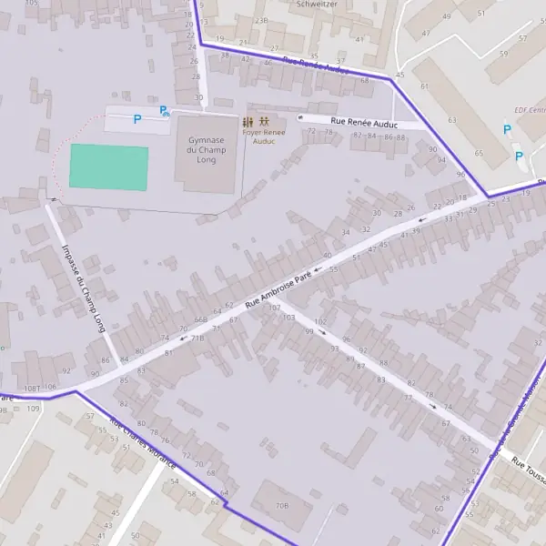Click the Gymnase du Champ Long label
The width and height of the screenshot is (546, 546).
tap(207, 149)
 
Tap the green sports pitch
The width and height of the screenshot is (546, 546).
tap(108, 167)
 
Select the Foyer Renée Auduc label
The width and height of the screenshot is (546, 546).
tap(264, 136)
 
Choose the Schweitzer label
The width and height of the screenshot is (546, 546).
tap(317, 5)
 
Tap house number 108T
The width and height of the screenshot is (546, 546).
tap(33, 388)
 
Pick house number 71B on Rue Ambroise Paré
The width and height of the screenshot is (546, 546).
tap(197, 338)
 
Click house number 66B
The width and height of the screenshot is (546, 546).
tap(200, 320)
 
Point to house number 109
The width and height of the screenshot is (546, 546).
tap(34, 409)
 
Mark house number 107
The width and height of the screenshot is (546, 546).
tap(274, 308)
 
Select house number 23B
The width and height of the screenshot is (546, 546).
tap(262, 19)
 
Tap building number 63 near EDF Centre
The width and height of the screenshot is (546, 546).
tap(451, 119)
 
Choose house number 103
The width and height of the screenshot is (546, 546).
tap(289, 318)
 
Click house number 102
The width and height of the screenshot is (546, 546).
tap(320, 322)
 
